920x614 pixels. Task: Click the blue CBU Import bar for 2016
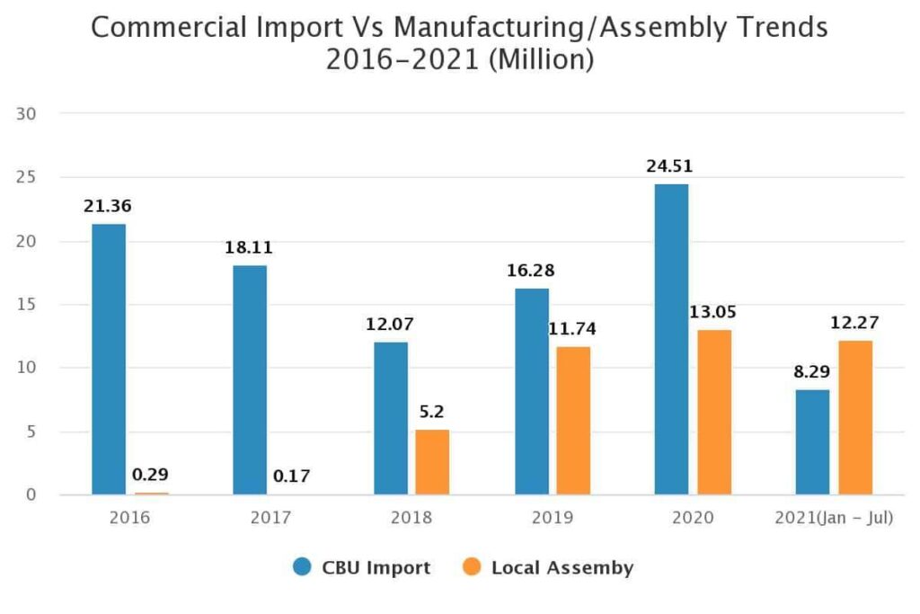108,360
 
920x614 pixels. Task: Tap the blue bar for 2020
671,340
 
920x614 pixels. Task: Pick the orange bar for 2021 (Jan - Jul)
854,418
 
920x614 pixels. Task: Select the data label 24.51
669,166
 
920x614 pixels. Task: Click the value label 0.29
151,474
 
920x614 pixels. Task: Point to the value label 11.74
571,329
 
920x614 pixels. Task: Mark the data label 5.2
431,413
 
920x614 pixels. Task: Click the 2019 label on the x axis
552,519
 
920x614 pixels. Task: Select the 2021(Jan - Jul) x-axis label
834,519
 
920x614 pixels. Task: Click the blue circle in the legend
303,567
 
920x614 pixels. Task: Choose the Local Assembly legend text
562,567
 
